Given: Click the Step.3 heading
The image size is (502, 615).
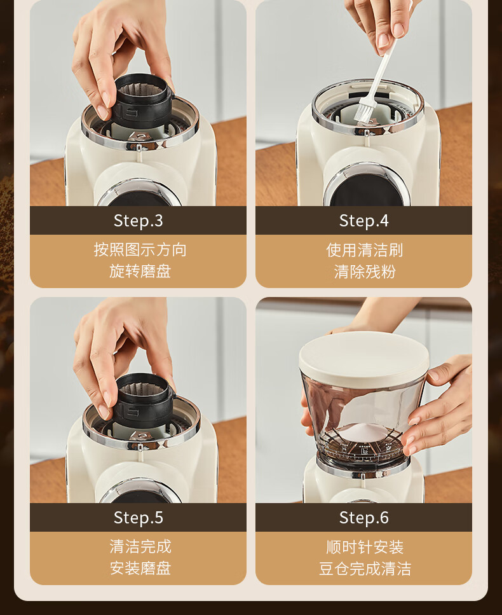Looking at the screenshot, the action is click(138, 221).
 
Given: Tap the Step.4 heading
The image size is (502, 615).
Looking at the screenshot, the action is click(363, 221).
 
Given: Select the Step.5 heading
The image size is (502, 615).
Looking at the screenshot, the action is click(138, 517).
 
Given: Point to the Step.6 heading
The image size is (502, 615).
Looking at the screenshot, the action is click(363, 517).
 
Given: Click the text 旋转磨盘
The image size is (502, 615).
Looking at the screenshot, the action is click(140, 271).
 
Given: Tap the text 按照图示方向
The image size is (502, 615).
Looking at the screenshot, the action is click(140, 249).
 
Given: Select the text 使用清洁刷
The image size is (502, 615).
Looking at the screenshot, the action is click(365, 250).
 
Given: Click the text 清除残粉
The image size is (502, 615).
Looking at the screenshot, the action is click(365, 272).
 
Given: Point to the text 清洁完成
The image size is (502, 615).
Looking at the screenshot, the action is click(140, 546).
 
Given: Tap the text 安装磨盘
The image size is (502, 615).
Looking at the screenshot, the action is click(140, 568).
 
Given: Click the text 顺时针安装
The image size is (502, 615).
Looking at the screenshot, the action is click(365, 547).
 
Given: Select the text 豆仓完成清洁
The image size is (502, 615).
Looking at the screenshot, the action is click(365, 569).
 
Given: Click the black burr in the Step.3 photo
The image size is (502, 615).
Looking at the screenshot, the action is click(142, 100).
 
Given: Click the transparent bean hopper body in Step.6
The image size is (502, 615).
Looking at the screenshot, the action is click(362, 420).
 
